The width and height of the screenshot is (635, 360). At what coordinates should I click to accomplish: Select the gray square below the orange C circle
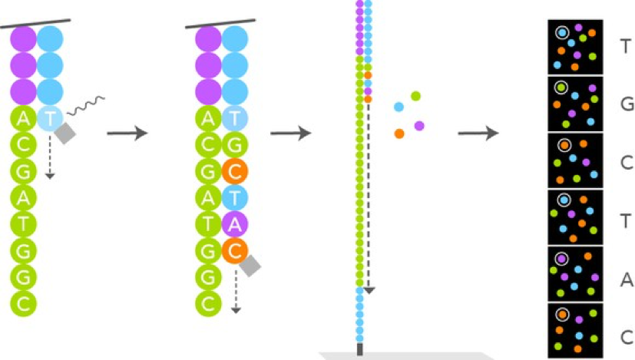pyautogui.click(x=249, y=265)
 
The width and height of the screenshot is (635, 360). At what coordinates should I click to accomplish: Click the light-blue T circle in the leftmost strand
pyautogui.click(x=51, y=119)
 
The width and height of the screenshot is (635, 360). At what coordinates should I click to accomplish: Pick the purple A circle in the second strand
pyautogui.click(x=235, y=224)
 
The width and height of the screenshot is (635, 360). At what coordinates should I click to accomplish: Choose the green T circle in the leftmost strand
pyautogui.click(x=23, y=224)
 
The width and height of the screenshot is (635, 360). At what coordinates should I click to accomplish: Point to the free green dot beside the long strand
pyautogui.click(x=415, y=96)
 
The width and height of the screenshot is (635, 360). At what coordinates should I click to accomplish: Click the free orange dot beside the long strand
pyautogui.click(x=399, y=134)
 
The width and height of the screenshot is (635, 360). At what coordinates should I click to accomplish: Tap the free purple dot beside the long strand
pyautogui.click(x=419, y=125)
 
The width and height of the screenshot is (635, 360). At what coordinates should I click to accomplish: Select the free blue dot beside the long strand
pyautogui.click(x=399, y=107)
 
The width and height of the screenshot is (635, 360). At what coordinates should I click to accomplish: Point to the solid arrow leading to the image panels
pyautogui.click(x=478, y=134)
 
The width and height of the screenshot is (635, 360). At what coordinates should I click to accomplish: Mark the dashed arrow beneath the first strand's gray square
pyautogui.click(x=50, y=161)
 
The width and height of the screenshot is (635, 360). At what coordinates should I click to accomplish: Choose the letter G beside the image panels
pyautogui.click(x=627, y=104)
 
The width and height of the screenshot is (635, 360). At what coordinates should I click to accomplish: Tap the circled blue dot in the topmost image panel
pyautogui.click(x=562, y=33)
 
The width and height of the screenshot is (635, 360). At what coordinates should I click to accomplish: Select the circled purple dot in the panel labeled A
pyautogui.click(x=562, y=259)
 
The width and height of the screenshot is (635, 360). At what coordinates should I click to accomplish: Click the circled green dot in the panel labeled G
pyautogui.click(x=562, y=88)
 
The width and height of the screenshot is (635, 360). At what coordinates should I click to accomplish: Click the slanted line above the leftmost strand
pyautogui.click(x=36, y=23)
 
